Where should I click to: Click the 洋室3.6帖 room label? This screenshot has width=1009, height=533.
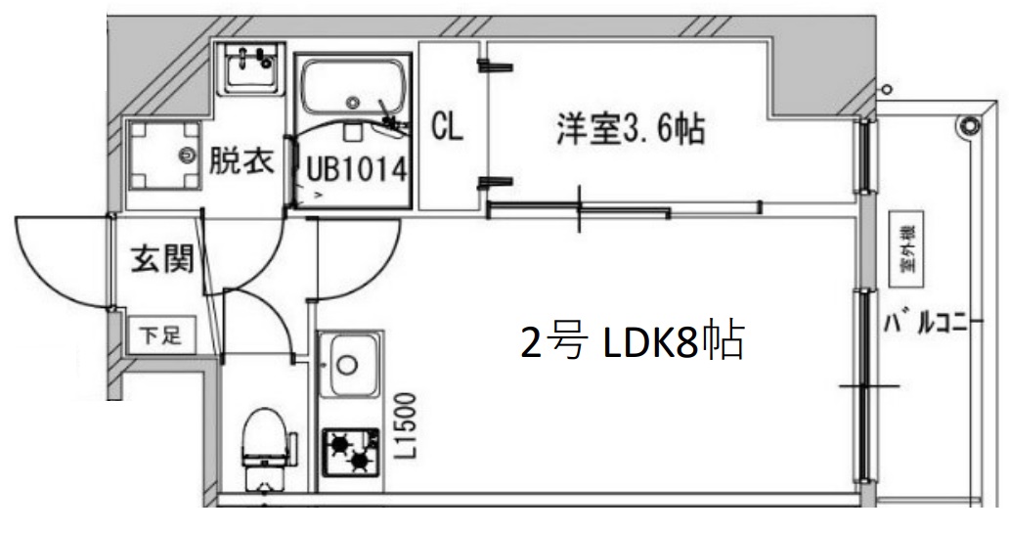631,129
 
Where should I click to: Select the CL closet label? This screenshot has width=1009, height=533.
447,127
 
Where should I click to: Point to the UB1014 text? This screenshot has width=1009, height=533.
356,169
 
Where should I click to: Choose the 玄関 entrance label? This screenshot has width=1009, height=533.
161,260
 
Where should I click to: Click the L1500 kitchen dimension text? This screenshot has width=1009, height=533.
407,426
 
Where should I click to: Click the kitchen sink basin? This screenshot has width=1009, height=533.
349,364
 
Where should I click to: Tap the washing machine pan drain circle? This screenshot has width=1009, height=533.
187,154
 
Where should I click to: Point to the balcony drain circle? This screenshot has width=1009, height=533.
968,124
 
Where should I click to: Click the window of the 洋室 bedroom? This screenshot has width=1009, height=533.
864,156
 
